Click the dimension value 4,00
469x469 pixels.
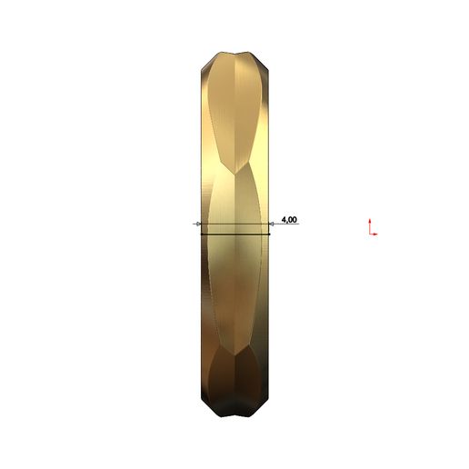[290, 220]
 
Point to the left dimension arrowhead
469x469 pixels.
[198, 224]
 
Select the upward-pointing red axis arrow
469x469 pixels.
[370, 221]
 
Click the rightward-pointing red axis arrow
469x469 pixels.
[375, 234]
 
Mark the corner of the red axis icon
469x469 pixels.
[370, 234]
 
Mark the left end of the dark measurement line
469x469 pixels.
[201, 234]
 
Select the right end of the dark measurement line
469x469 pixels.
[270, 234]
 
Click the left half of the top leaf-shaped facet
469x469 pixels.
[222, 109]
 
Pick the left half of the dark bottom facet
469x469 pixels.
[223, 386]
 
